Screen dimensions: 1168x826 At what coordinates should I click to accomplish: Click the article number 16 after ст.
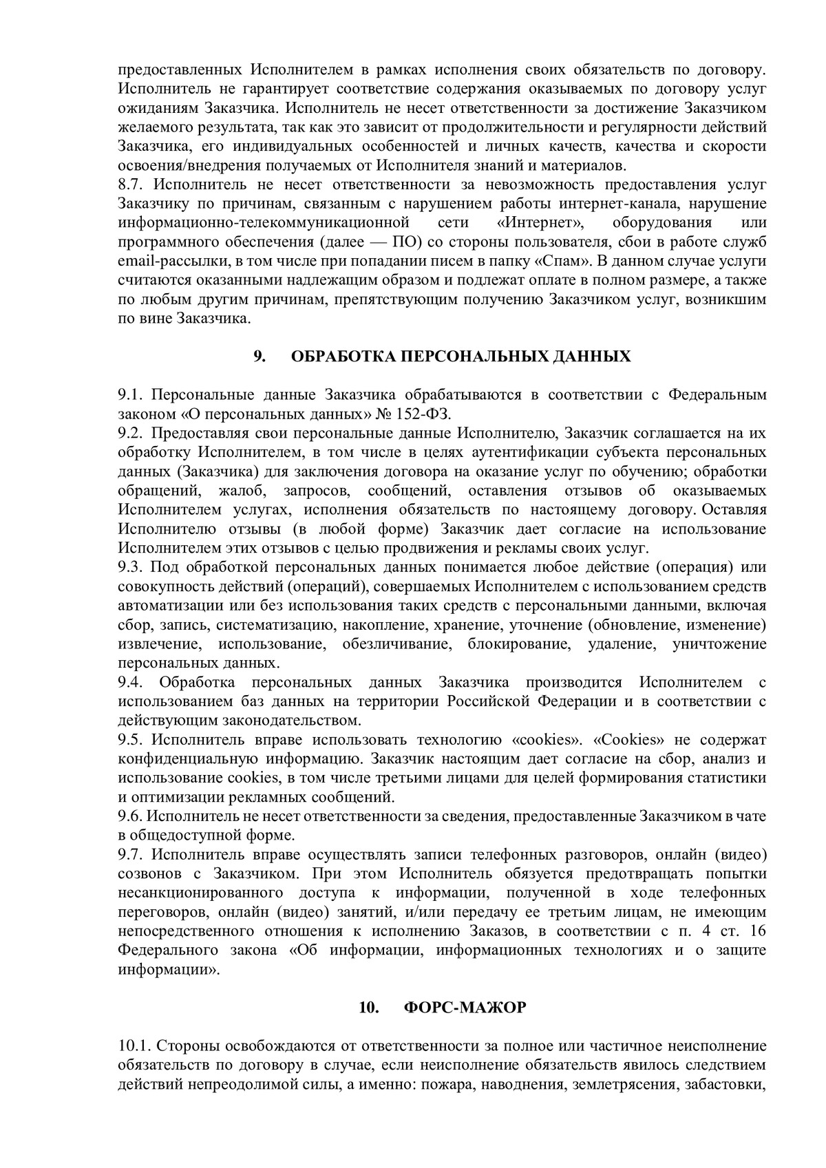coord(756,932)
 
